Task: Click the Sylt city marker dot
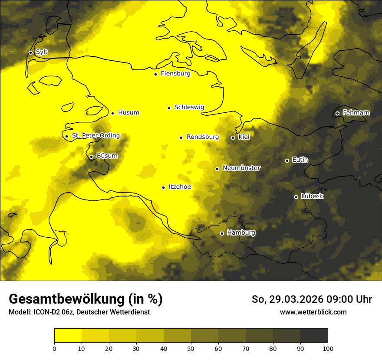point(30,52)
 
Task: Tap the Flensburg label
point(175,74)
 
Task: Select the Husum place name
point(128,113)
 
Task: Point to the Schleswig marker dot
point(169,108)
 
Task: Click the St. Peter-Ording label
point(95,136)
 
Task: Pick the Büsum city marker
point(91,157)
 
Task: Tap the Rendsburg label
point(203,137)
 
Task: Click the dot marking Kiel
point(233,137)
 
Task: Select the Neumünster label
point(241,168)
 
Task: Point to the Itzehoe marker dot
point(163,187)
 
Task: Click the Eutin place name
point(300,160)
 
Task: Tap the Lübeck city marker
point(296,197)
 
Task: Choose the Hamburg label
point(241,233)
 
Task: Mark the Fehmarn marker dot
point(337,114)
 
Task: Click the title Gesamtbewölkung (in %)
point(86,299)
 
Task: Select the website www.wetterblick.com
point(313,312)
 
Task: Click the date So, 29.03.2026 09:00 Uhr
point(312,299)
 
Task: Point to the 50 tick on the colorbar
point(191,348)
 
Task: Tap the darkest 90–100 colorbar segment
point(314,336)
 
